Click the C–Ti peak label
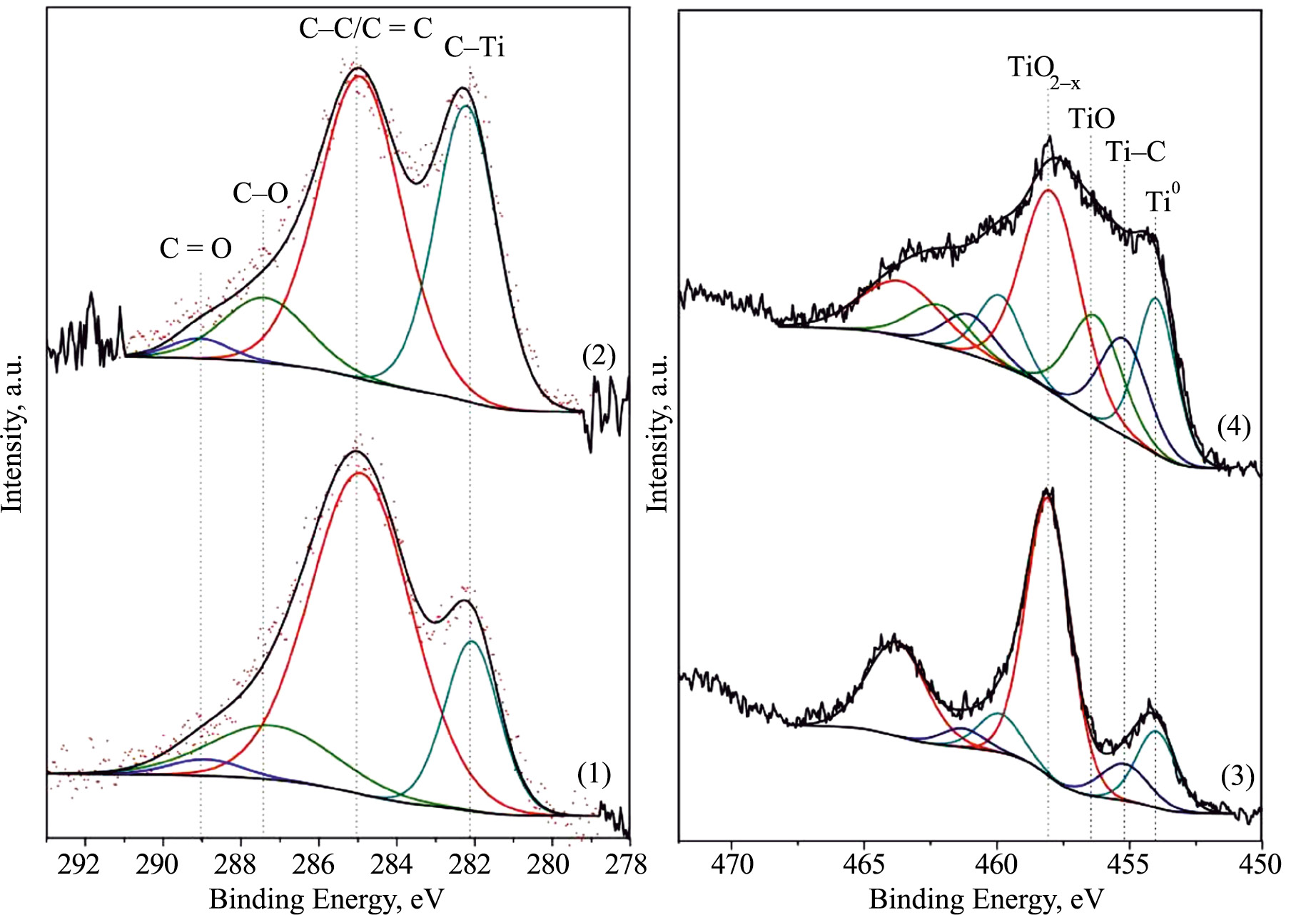click(x=475, y=47)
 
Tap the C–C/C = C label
click(x=365, y=29)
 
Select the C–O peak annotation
click(x=260, y=193)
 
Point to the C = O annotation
click(x=196, y=248)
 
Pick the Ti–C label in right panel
click(x=1135, y=151)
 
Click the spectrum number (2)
click(x=599, y=355)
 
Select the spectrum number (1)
click(x=594, y=773)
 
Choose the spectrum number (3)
click(x=1237, y=776)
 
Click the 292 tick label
click(x=79, y=864)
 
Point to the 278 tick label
click(x=628, y=864)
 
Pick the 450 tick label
click(x=1261, y=864)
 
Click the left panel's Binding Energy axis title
click(x=326, y=899)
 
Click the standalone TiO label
click(x=1091, y=118)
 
